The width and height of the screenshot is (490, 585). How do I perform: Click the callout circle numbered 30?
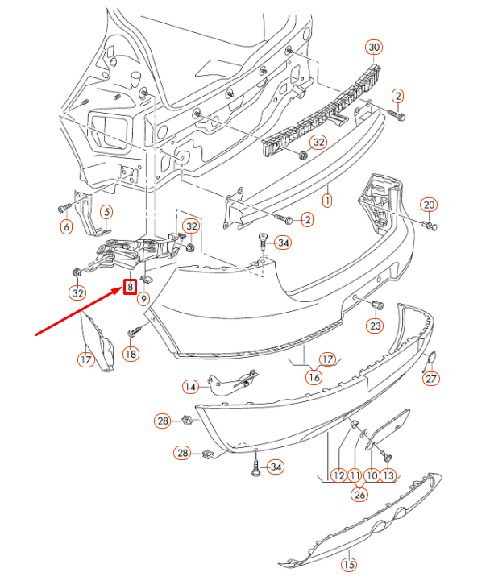click(373, 48)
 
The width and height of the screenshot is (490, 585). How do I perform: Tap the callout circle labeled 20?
click(429, 204)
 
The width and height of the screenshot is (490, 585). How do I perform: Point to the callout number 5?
click(106, 213)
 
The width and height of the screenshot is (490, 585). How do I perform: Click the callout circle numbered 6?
click(66, 227)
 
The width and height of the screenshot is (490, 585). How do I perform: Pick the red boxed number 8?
click(129, 286)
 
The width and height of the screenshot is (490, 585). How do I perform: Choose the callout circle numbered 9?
click(143, 299)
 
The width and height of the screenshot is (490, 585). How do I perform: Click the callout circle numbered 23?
click(376, 326)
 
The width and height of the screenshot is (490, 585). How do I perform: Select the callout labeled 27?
click(432, 379)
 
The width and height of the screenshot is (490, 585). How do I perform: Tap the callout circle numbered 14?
click(189, 387)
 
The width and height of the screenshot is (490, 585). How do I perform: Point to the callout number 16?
click(314, 375)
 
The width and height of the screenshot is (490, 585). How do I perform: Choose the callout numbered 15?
click(349, 565)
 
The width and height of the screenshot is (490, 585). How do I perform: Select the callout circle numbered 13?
click(388, 475)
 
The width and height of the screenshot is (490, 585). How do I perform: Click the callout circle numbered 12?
click(338, 475)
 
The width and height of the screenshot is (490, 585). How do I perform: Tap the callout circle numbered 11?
click(355, 475)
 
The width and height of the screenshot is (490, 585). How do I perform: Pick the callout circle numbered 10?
click(372, 475)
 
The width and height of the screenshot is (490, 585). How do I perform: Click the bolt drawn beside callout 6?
click(65, 209)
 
